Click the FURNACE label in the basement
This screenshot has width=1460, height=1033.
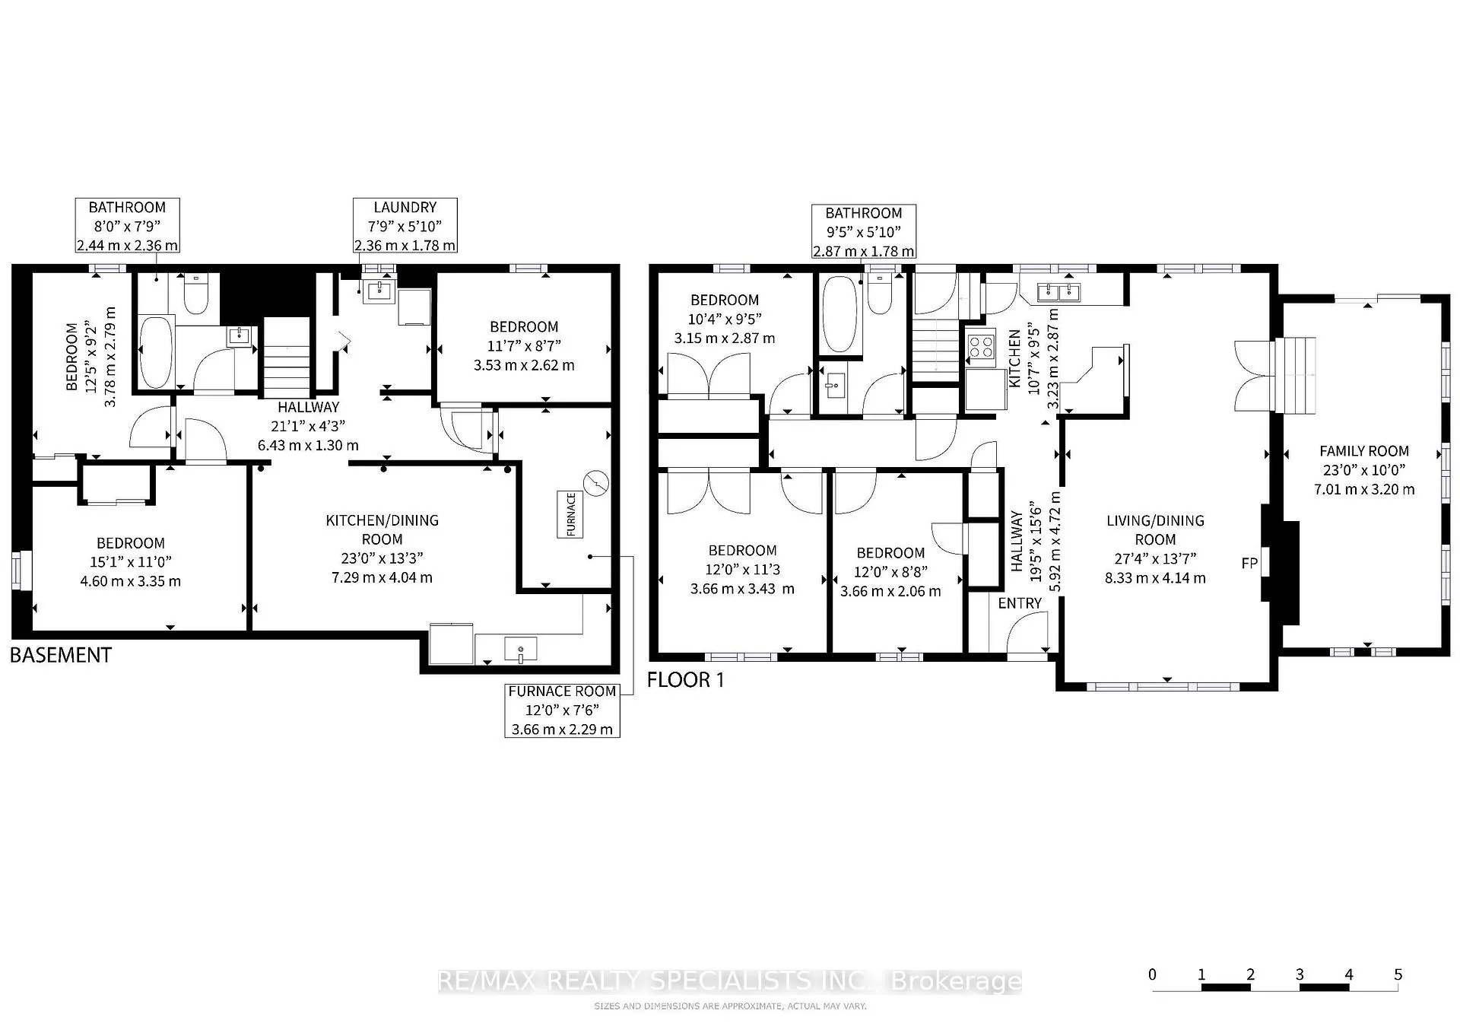click(571, 514)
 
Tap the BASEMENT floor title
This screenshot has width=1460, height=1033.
click(61, 655)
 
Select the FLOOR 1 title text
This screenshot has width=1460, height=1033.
click(686, 680)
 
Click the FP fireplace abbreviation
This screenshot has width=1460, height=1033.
click(1249, 564)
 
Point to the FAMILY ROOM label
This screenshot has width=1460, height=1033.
click(1364, 451)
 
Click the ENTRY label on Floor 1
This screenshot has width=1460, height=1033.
click(1020, 603)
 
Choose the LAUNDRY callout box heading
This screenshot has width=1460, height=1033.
click(405, 207)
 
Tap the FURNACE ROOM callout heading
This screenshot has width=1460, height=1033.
click(562, 691)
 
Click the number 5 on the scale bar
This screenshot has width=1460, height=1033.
click(1398, 974)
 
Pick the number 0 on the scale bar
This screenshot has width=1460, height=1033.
click(1153, 974)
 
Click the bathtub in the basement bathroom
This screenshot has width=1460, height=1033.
click(157, 352)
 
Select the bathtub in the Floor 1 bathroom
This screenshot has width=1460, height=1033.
click(839, 314)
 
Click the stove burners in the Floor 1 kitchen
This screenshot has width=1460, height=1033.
click(981, 348)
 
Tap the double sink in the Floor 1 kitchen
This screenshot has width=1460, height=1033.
click(1059, 291)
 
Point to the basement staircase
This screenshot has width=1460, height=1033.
click(287, 356)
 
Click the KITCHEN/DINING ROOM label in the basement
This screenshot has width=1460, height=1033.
click(382, 529)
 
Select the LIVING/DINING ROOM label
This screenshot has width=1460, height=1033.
click(1155, 530)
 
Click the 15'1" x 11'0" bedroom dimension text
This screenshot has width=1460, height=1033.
click(131, 562)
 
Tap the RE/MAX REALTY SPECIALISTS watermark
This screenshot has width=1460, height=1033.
click(730, 981)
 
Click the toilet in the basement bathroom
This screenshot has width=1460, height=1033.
click(195, 295)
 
